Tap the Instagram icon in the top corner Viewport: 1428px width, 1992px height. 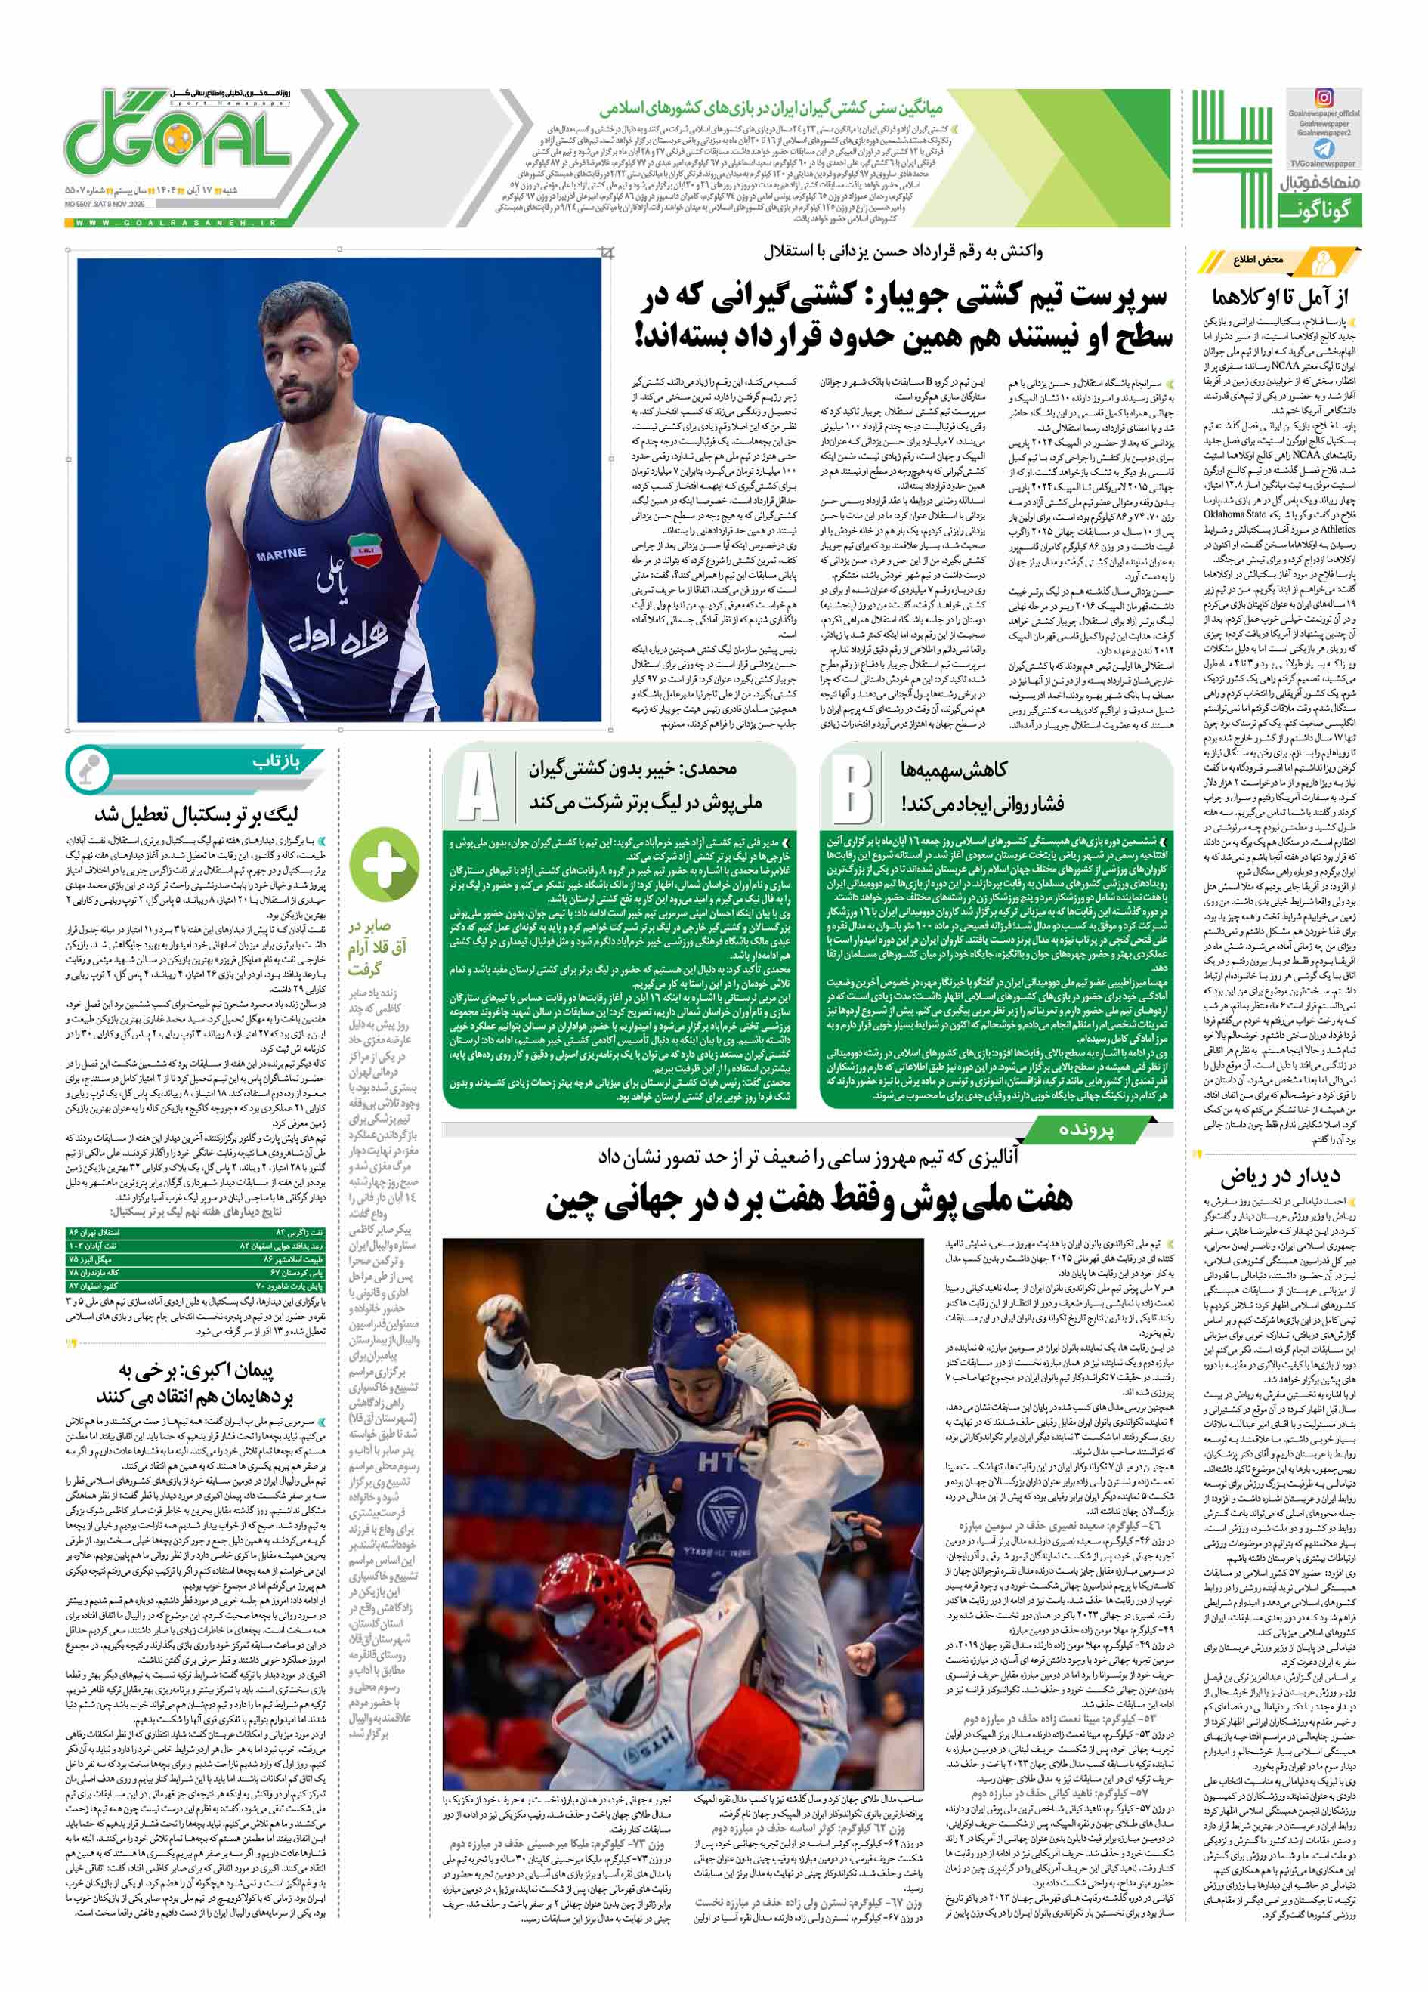[1323, 98]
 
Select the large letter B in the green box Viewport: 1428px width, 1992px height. [851, 788]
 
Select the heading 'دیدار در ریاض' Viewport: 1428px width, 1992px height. [1280, 1177]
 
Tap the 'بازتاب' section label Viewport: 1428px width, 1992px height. [276, 761]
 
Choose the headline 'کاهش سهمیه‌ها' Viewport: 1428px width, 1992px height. [953, 771]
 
